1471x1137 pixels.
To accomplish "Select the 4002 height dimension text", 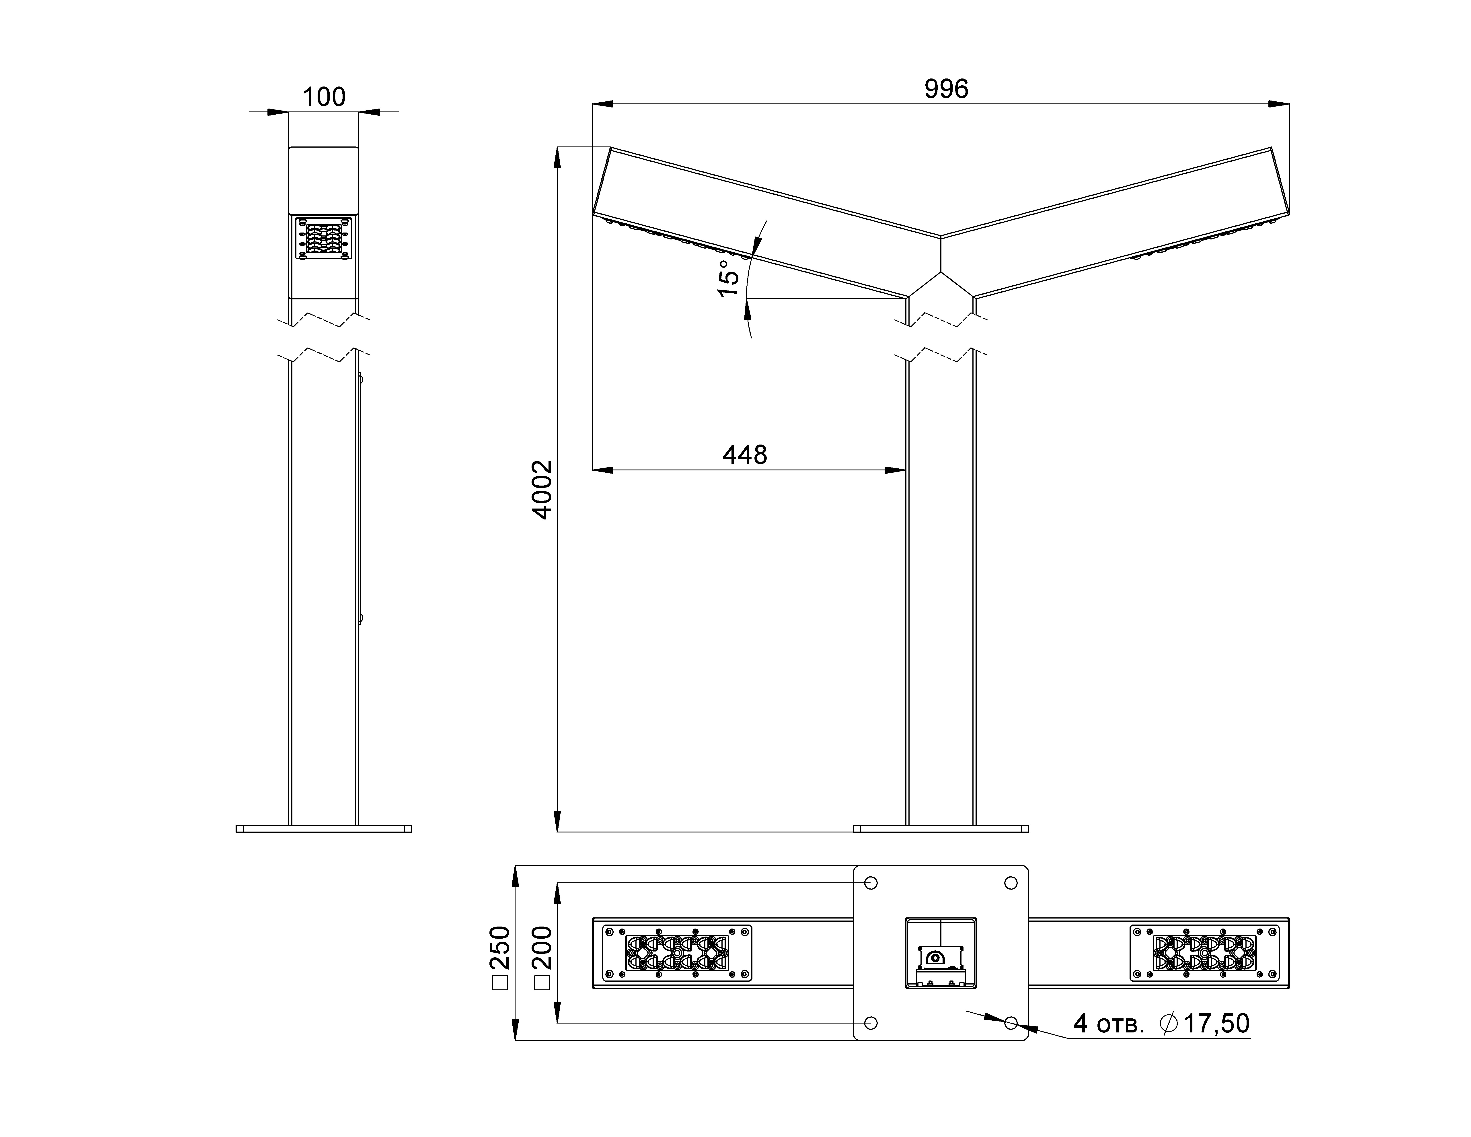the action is [542, 490].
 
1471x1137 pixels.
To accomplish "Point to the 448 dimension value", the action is [745, 455].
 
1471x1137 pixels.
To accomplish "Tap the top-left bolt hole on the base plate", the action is [871, 883].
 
